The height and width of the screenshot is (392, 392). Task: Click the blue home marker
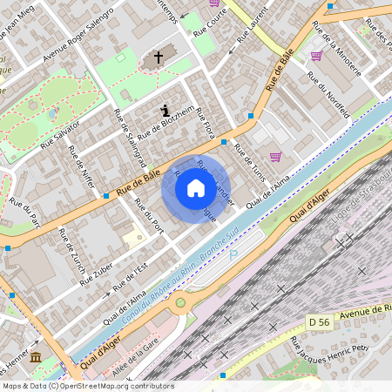[196, 189]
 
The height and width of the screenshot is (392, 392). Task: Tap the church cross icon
[159, 58]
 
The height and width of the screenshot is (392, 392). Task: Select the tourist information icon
[166, 111]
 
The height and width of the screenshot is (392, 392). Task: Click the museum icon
[36, 358]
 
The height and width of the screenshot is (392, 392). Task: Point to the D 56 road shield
[320, 322]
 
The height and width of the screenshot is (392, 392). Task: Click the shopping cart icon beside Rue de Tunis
[275, 157]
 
